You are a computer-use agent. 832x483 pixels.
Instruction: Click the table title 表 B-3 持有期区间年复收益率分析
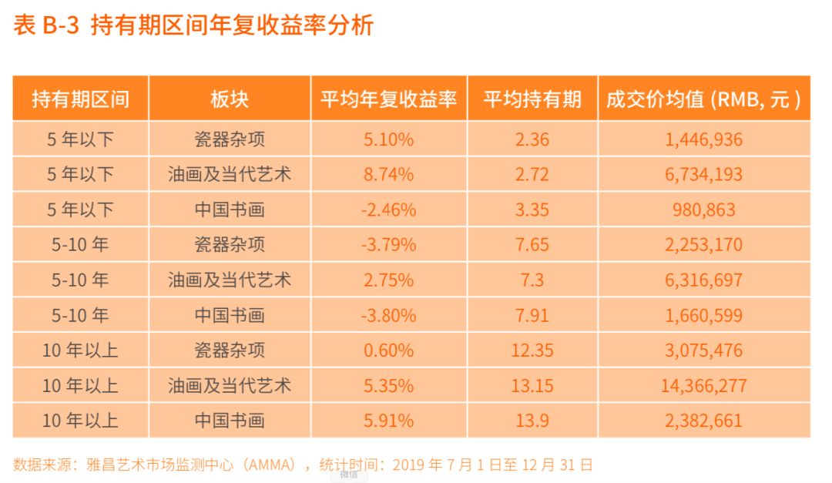coord(193,26)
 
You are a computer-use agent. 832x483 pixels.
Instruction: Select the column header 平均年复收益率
coord(388,99)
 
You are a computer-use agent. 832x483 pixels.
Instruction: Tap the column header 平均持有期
coord(532,99)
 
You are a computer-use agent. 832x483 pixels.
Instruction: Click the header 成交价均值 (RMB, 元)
coord(703,99)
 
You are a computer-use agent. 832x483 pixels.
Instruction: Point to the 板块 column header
coord(230,99)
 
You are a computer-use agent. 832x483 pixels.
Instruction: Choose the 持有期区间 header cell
coord(80,99)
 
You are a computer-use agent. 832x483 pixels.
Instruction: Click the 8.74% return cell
coord(388,175)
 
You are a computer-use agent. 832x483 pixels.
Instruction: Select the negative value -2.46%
coord(388,210)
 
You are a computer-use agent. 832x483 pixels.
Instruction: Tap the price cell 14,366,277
coord(703,386)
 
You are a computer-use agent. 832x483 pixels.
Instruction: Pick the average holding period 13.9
coord(532,421)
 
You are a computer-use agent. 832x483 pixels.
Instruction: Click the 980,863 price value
coord(703,210)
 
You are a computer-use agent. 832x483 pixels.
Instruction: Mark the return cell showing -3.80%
coord(388,315)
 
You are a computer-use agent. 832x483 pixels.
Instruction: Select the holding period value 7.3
coord(532,280)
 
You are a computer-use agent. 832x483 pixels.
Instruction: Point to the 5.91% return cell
coord(388,421)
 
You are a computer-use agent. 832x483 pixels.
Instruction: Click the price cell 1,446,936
coord(703,139)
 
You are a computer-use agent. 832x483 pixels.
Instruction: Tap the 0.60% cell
coord(388,351)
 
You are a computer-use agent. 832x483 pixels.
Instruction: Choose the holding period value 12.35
coord(532,351)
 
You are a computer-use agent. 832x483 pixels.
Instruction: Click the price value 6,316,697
coord(703,280)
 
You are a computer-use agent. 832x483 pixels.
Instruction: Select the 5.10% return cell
coord(388,139)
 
